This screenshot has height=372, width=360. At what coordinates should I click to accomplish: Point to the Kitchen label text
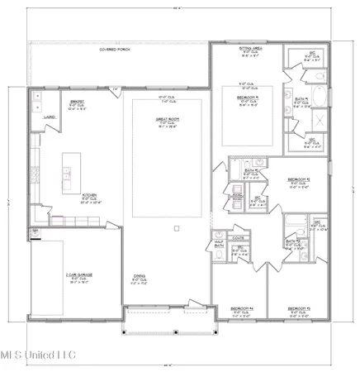(92, 198)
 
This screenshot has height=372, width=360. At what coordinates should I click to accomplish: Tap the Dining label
(140, 279)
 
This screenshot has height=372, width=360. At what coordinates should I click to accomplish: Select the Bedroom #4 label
(239, 311)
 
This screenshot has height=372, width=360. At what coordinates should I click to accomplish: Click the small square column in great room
(175, 227)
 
